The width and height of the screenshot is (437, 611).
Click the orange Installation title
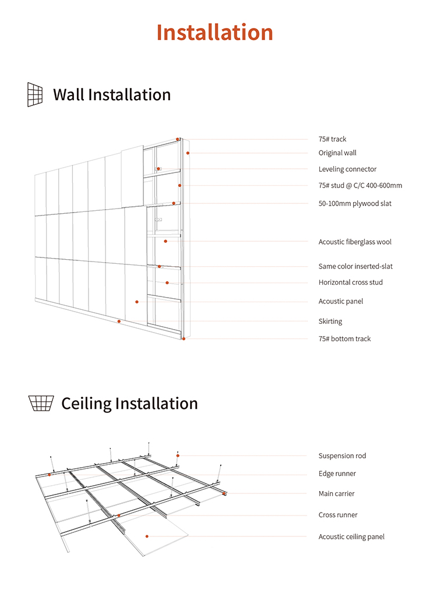point(214,32)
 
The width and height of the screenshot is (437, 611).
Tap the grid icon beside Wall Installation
point(35,94)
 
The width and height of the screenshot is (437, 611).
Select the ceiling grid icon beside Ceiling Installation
point(41,402)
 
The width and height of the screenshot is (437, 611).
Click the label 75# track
point(332,139)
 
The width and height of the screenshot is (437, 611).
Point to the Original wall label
point(337,153)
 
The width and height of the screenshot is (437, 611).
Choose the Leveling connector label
point(347,169)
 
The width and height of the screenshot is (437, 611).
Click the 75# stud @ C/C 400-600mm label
point(360,186)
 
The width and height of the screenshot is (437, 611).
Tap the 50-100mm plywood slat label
point(355,204)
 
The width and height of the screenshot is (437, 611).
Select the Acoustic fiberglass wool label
point(355,242)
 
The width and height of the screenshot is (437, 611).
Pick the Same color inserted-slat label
point(355,267)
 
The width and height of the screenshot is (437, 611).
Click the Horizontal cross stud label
point(350,282)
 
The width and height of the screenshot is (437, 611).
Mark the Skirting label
point(330,322)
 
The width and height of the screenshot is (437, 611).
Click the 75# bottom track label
point(344,339)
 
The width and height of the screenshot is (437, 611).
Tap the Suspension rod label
point(342,456)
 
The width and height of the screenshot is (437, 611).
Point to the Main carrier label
point(336,494)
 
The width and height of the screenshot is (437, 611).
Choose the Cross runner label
point(338,515)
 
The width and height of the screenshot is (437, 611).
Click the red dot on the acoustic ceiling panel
point(147,536)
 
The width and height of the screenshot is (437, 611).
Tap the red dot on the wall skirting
point(119,321)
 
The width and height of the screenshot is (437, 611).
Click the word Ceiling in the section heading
point(86,404)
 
